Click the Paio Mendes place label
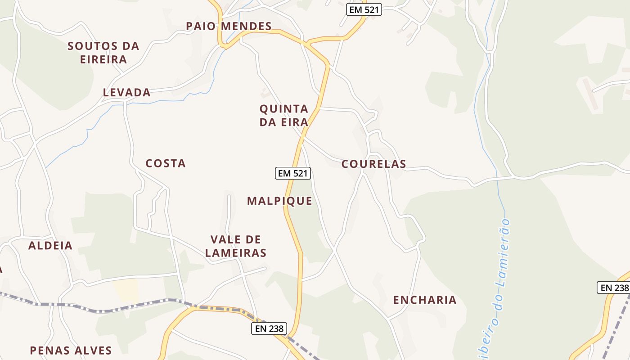tap(229, 26)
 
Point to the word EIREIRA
tap(103, 59)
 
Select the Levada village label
tap(127, 92)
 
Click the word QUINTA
tap(284, 108)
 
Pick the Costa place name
tap(166, 163)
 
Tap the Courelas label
tap(373, 164)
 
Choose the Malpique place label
tap(279, 201)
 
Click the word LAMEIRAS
tap(236, 253)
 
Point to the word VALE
tap(223, 239)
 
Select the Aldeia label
tap(50, 245)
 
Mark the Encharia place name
tap(425, 300)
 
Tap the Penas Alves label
tap(71, 350)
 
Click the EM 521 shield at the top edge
tap(364, 9)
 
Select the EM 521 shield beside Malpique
tap(293, 173)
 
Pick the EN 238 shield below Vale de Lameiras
tap(269, 328)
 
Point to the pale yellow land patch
tap(126, 290)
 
